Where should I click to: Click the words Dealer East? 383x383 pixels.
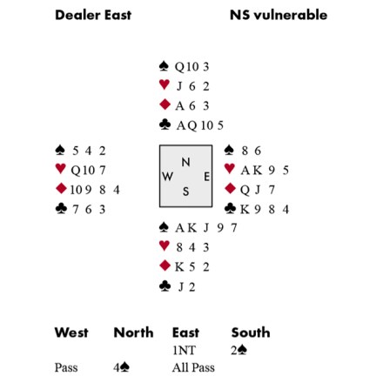(x=93, y=15)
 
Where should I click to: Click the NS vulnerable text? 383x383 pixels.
(x=279, y=15)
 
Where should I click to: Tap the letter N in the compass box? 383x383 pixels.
(x=185, y=162)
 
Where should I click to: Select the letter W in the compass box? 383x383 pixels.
(x=167, y=176)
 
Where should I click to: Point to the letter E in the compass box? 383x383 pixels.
(x=206, y=177)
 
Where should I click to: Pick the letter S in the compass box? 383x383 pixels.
(x=185, y=191)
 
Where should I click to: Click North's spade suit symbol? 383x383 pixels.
(x=165, y=66)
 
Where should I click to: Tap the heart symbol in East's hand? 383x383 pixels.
(x=230, y=169)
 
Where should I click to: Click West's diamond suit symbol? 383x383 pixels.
(x=61, y=189)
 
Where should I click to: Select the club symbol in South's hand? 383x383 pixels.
(x=165, y=286)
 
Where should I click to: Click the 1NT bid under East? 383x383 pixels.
(x=185, y=351)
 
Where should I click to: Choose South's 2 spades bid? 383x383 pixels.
(x=239, y=351)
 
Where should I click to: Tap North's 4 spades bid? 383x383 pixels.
(x=122, y=367)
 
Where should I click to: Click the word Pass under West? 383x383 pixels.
(x=66, y=367)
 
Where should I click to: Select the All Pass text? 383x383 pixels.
(x=193, y=367)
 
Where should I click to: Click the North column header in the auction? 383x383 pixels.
(x=133, y=333)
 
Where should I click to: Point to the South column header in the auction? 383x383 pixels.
(x=251, y=333)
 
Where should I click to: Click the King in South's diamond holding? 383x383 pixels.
(x=179, y=267)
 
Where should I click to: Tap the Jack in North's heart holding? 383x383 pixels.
(x=179, y=86)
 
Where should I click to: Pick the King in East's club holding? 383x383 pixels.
(x=245, y=209)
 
